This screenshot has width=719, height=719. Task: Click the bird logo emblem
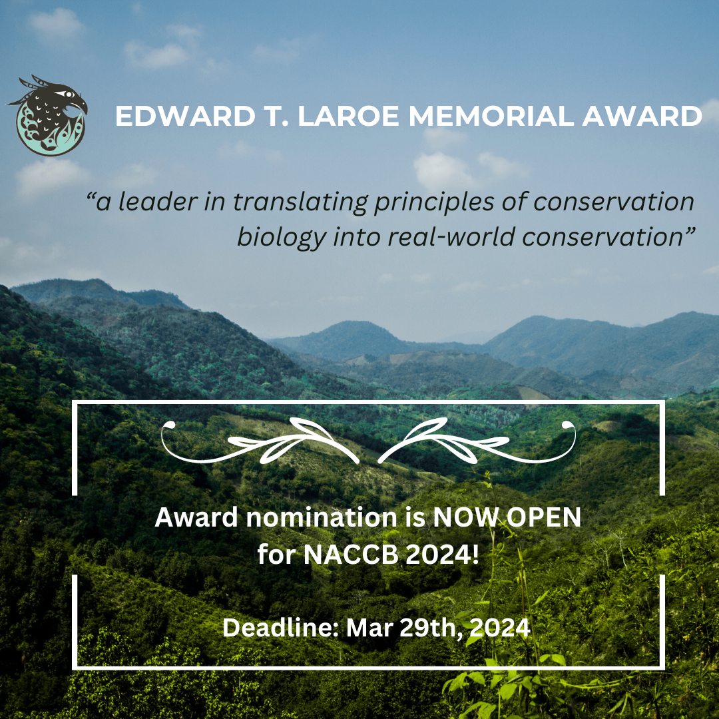[48, 116]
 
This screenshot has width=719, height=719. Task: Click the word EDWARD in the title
[185, 116]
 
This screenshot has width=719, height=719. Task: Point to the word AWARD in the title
[642, 116]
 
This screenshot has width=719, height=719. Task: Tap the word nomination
[322, 517]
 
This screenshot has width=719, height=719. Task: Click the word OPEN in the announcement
[544, 517]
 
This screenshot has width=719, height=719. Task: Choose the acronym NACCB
[351, 555]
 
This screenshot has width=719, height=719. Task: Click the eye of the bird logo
[69, 95]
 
